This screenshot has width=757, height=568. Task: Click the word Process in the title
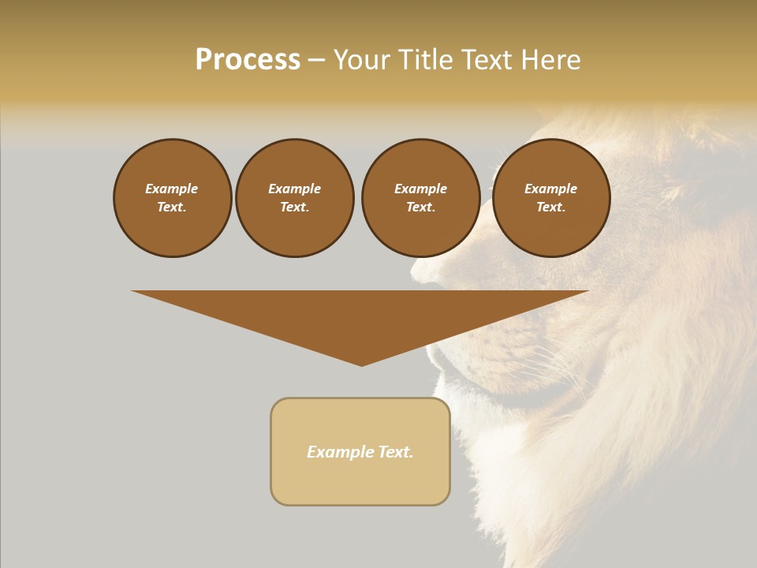[248, 60]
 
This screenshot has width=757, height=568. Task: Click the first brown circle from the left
[172, 198]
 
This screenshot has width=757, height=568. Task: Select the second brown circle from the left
[294, 198]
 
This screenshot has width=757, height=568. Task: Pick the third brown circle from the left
[420, 198]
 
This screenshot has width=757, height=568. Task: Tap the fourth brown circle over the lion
[550, 198]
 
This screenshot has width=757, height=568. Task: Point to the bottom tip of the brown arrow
[362, 364]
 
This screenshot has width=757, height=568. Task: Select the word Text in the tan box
[395, 452]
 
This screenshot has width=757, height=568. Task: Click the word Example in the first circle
[172, 189]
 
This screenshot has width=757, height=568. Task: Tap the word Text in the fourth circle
[550, 207]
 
